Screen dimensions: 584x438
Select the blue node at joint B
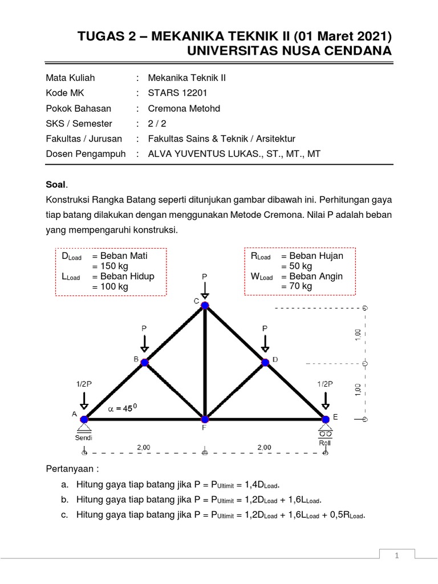pyautogui.click(x=144, y=362)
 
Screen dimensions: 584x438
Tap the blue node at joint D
pyautogui.click(x=265, y=362)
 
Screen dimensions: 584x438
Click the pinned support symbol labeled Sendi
pyautogui.click(x=84, y=425)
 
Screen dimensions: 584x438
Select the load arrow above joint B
pyautogui.click(x=144, y=344)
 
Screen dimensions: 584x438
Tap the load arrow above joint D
pyautogui.click(x=265, y=344)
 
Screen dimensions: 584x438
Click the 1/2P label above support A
pyautogui.click(x=84, y=385)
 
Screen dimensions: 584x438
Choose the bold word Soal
pyautogui.click(x=56, y=185)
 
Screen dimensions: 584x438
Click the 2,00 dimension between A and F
pyautogui.click(x=144, y=448)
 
